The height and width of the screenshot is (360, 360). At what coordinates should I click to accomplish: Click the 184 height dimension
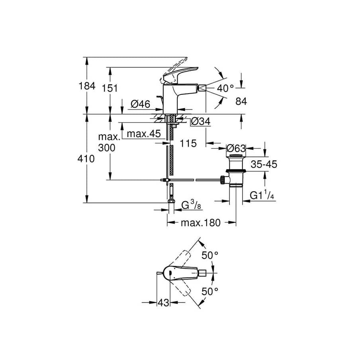[x=87, y=86]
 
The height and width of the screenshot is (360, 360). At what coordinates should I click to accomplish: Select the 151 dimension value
[x=110, y=88]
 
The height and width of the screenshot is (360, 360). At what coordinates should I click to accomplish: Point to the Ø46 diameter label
[x=140, y=104]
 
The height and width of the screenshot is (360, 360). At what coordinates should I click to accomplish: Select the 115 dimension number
[x=188, y=143]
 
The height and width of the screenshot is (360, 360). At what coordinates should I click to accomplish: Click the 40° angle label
[x=226, y=88]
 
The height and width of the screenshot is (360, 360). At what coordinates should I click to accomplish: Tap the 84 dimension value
[x=241, y=102]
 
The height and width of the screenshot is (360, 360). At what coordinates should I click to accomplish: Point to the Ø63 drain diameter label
[x=236, y=148]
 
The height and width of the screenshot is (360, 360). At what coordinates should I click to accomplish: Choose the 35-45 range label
[x=264, y=164]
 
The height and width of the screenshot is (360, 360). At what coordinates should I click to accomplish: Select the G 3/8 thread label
[x=190, y=205]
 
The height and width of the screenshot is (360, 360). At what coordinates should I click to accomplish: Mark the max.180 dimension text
[x=200, y=223]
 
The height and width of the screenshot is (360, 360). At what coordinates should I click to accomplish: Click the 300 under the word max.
[x=107, y=148]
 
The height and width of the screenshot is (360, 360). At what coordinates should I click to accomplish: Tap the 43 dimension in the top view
[x=162, y=303]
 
